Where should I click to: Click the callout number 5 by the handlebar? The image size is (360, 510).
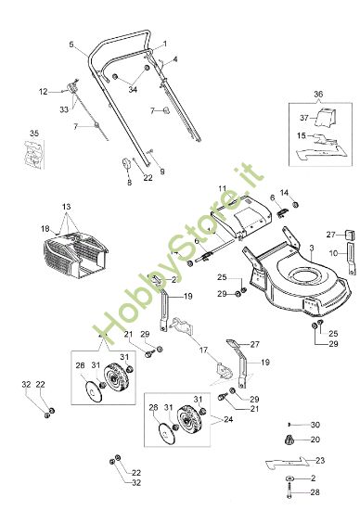71,45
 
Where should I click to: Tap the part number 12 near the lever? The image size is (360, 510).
43,92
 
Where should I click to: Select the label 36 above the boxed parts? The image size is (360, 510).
318,96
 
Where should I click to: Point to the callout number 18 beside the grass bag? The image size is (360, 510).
45,228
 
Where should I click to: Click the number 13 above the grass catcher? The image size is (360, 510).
66,206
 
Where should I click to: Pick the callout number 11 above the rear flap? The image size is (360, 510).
222,189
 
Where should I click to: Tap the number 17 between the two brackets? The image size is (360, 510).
201,351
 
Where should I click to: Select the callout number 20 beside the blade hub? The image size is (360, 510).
314,439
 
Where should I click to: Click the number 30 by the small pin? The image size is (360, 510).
315,424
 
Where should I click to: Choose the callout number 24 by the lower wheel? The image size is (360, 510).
228,418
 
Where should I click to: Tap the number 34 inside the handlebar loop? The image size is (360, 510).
133,89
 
